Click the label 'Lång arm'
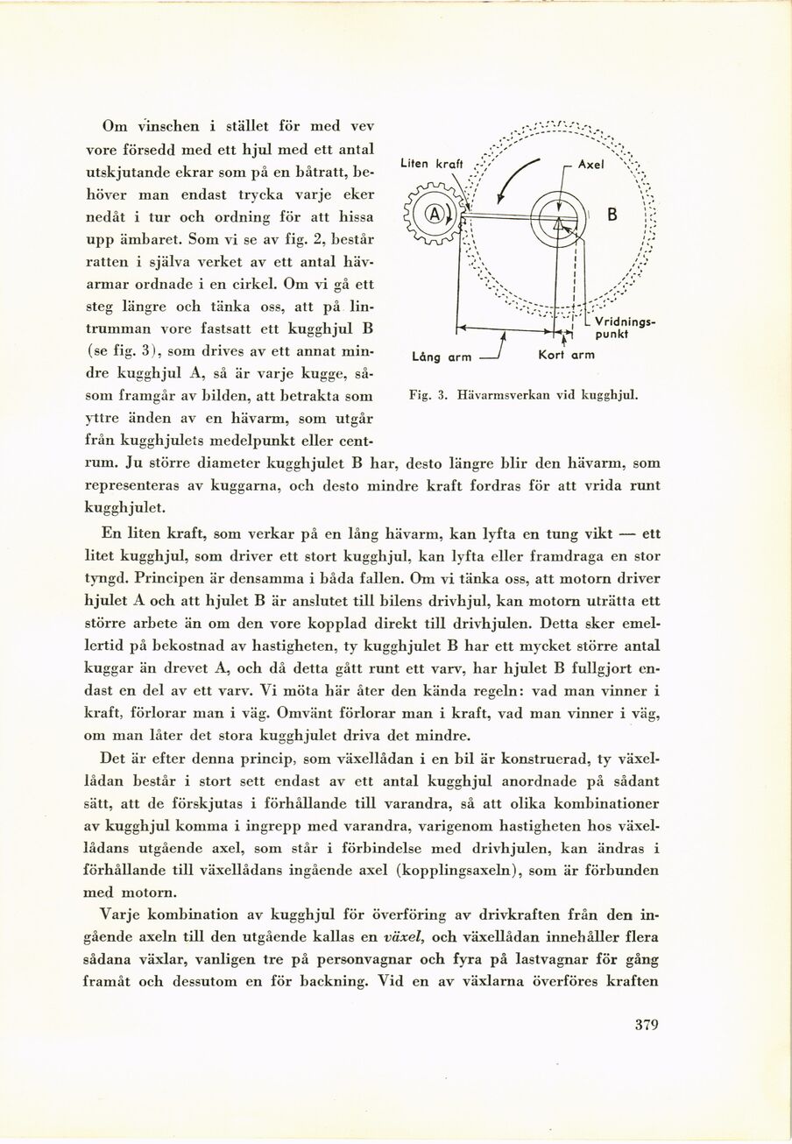click(x=442, y=356)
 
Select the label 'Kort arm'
click(x=566, y=355)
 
